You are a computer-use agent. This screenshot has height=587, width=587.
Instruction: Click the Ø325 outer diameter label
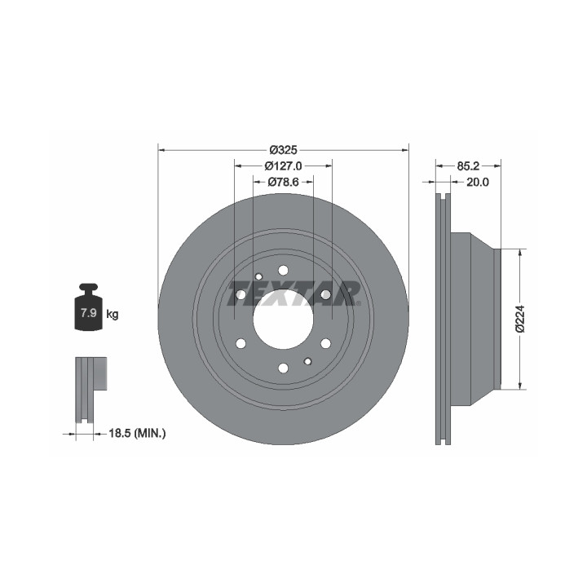[284, 150]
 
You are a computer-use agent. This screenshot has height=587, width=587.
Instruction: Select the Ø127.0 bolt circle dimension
[284, 166]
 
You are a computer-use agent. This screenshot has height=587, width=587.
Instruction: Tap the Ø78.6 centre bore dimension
[284, 183]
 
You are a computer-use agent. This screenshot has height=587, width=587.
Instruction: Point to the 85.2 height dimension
[468, 166]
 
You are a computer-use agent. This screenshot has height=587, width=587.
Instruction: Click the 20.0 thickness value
[477, 183]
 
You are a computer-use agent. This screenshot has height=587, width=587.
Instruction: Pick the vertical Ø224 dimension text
[521, 319]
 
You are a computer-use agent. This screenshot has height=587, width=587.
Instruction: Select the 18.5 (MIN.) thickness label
[137, 434]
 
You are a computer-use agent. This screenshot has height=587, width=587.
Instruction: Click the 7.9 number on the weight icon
[89, 313]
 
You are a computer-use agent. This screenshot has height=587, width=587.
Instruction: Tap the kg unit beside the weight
[113, 314]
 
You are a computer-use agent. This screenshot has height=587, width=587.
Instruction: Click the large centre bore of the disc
[283, 320]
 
